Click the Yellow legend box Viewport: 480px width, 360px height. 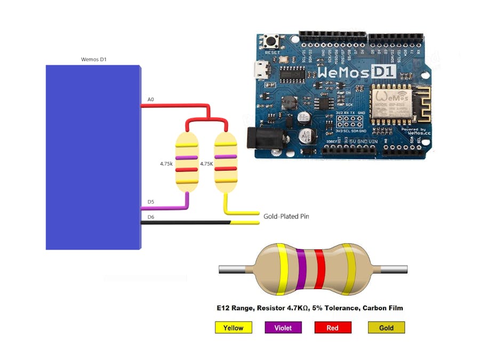pyautogui.click(x=233, y=327)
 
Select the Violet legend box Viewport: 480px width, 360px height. pyautogui.click(x=283, y=327)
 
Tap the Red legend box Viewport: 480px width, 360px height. pyautogui.click(x=333, y=327)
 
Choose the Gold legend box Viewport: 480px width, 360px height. pyautogui.click(x=386, y=327)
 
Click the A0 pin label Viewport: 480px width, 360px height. pyautogui.click(x=150, y=100)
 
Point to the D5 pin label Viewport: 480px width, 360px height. pyautogui.click(x=150, y=202)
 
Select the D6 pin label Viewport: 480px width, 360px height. pyautogui.click(x=150, y=217)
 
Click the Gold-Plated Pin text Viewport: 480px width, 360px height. pyautogui.click(x=286, y=217)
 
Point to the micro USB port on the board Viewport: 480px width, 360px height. pyautogui.click(x=261, y=69)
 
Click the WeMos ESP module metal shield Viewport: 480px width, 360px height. pyautogui.click(x=390, y=103)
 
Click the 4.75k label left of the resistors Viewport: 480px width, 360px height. pyautogui.click(x=166, y=164)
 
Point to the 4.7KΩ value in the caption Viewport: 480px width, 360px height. pyautogui.click(x=303, y=308)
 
